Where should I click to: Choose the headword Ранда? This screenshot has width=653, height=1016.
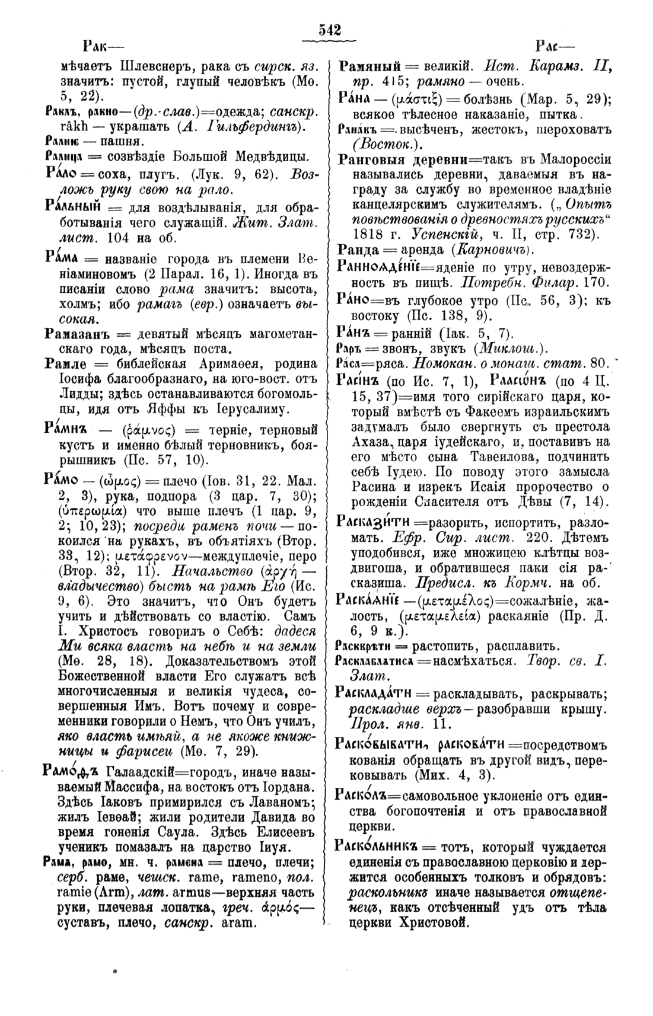(354, 248)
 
